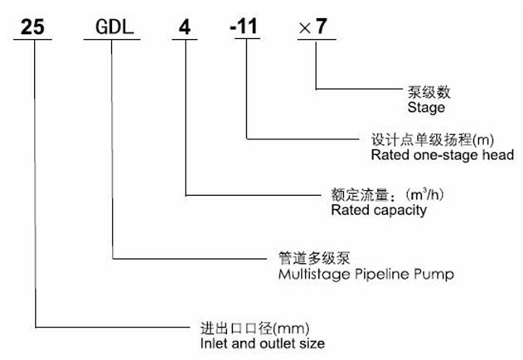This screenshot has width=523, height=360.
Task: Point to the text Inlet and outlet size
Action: point(250,343)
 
